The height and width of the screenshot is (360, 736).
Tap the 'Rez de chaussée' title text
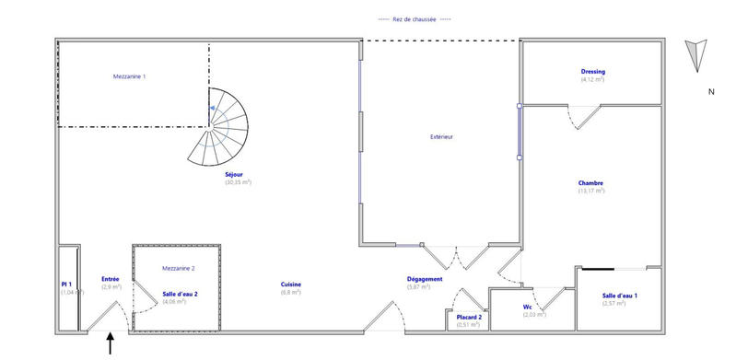(415, 19)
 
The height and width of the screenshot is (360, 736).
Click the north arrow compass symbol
(697, 55)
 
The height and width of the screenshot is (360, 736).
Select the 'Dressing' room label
(592, 71)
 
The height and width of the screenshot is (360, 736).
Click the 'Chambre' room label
(590, 182)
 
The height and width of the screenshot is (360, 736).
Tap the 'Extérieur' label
(442, 137)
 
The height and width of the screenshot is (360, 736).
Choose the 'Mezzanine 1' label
(129, 76)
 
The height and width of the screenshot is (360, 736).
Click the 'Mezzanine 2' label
(178, 268)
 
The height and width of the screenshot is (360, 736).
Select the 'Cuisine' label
(291, 284)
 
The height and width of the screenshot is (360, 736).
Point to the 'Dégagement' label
(425, 279)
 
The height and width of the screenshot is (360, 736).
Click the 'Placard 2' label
(470, 317)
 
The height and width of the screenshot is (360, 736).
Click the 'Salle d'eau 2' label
(173, 294)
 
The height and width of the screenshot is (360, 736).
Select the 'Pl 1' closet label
(66, 285)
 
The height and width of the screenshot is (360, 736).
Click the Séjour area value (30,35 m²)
(238, 182)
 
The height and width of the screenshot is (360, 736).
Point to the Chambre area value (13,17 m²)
(590, 191)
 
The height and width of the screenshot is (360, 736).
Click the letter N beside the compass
(711, 91)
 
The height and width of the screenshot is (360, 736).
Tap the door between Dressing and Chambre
(583, 116)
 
